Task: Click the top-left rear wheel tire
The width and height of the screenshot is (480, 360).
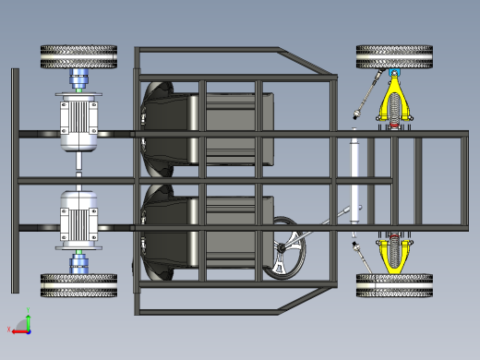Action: click(78, 57)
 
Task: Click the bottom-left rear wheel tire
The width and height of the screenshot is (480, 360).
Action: click(78, 285)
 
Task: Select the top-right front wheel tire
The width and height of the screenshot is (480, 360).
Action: click(394, 57)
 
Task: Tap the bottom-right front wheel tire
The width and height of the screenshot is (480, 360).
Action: click(394, 285)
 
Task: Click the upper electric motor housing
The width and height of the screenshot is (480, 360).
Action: click(78, 123)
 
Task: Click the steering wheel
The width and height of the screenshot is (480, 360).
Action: click(284, 246)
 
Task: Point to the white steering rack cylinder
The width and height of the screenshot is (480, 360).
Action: click(354, 175)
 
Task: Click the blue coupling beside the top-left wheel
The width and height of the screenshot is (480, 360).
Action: click(79, 78)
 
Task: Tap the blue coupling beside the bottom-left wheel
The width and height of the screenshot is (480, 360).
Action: click(79, 264)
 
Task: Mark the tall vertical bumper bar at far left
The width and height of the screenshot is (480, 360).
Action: click(15, 180)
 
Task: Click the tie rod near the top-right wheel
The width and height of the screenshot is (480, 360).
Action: click(369, 92)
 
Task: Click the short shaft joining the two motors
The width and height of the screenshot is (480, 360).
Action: click(78, 171)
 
